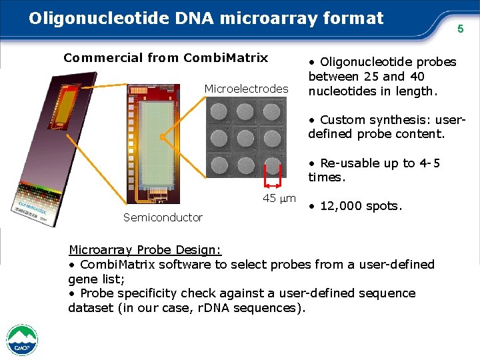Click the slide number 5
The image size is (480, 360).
(x=459, y=29)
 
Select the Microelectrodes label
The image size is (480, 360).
(x=247, y=89)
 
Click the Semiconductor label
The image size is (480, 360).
(x=163, y=217)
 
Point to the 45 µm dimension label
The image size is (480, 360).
(x=279, y=198)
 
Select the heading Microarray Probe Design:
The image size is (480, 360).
(x=145, y=250)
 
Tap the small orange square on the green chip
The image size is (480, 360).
(x=161, y=137)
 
